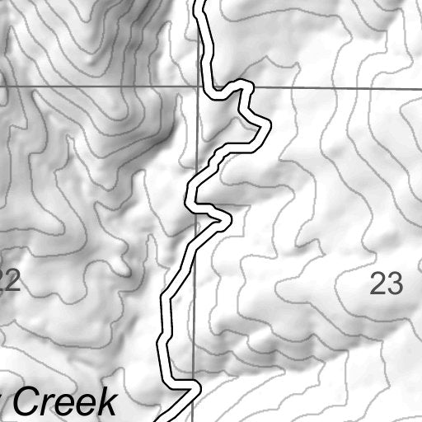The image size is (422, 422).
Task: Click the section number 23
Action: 386,284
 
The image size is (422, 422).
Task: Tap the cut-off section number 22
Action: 9,283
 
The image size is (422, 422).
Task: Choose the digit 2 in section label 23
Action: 377,284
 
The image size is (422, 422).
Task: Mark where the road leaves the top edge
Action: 199,2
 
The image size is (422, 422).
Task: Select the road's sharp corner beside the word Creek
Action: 195,386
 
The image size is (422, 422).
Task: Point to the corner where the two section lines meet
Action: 197,86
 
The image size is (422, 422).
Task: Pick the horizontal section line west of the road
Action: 99,85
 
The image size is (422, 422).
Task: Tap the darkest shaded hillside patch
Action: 169,132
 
